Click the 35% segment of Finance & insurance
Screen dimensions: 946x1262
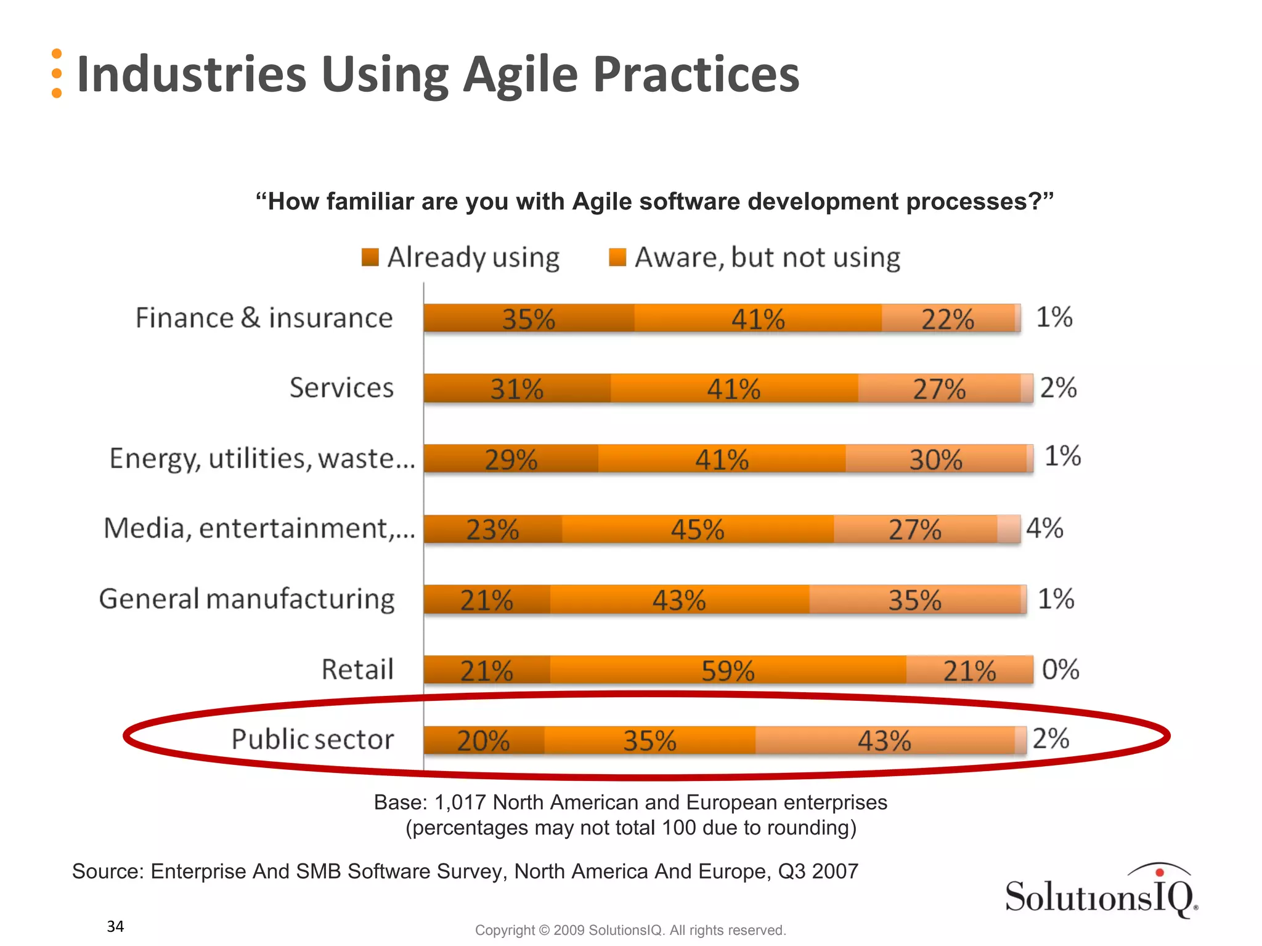pyautogui.click(x=529, y=318)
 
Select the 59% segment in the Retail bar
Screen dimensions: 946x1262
pyautogui.click(x=728, y=670)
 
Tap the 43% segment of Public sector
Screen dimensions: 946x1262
pyautogui.click(x=884, y=740)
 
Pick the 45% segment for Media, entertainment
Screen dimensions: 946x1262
pyautogui.click(x=698, y=530)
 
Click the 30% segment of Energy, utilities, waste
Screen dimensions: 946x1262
pyautogui.click(x=936, y=459)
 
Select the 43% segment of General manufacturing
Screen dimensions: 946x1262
pyautogui.click(x=679, y=600)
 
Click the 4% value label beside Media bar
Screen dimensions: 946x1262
pyautogui.click(x=1044, y=528)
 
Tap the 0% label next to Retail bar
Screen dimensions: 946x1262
pyautogui.click(x=1060, y=669)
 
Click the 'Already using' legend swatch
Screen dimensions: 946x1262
pyautogui.click(x=370, y=257)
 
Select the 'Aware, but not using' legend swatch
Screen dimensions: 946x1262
pyautogui.click(x=617, y=257)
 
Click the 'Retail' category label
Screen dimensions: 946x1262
pyautogui.click(x=357, y=669)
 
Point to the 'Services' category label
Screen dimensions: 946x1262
pyautogui.click(x=341, y=388)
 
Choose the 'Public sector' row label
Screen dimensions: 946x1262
pyautogui.click(x=312, y=739)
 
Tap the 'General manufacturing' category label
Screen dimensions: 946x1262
pyautogui.click(x=246, y=599)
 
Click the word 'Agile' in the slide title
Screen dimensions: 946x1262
pyautogui.click(x=521, y=75)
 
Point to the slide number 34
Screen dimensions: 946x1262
pyautogui.click(x=115, y=926)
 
